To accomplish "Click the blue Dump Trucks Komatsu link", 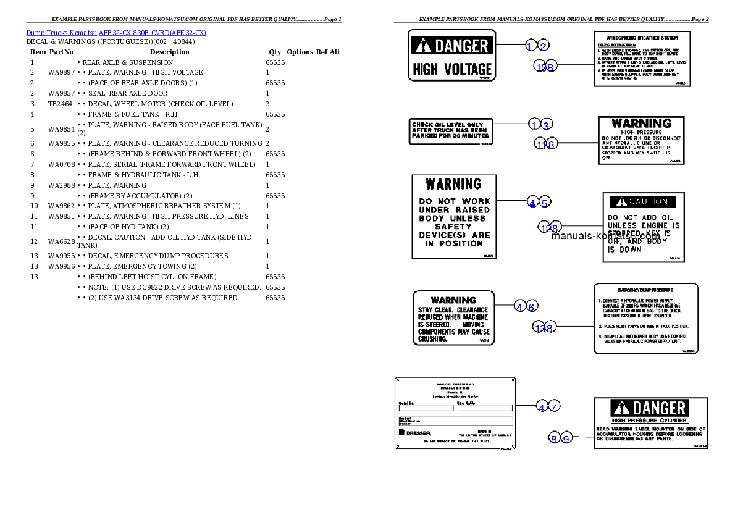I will (x=116, y=32).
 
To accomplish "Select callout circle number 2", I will (x=543, y=45).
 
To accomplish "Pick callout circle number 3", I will (x=545, y=125).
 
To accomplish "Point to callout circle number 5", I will (x=544, y=202).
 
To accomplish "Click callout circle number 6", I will (x=532, y=306).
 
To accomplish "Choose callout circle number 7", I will (x=554, y=406).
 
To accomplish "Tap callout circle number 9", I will (x=566, y=438).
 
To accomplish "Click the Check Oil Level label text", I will (x=450, y=130).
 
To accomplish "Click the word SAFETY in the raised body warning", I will (x=455, y=227).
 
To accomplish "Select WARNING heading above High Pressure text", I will (x=641, y=124).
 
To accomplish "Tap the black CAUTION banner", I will (x=643, y=202).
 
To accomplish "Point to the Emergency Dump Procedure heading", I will (x=645, y=290).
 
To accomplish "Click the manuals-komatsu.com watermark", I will (x=605, y=235).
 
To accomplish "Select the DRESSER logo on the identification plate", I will (x=415, y=432).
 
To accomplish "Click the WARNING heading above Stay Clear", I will (x=453, y=300).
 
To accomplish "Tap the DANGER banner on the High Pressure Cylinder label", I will (x=649, y=408).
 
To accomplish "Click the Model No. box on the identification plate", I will (x=426, y=408).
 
